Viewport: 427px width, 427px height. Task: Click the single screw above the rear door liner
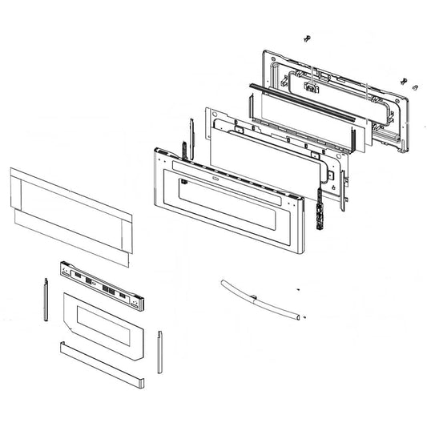(306, 38)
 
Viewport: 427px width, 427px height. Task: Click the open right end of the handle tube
(303, 317)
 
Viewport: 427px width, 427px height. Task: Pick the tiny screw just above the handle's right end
(297, 290)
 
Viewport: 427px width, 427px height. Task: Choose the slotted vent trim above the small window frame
(104, 287)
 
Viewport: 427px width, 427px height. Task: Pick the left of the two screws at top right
(401, 79)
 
